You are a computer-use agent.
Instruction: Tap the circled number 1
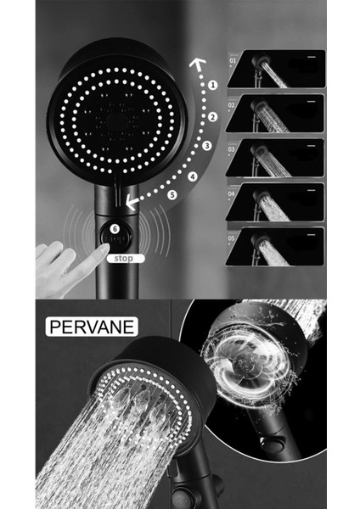(212, 86)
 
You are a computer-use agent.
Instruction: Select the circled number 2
(213, 116)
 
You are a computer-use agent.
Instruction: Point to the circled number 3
(206, 146)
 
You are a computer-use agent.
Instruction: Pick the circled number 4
(193, 176)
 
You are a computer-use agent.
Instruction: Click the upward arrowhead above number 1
(198, 62)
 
